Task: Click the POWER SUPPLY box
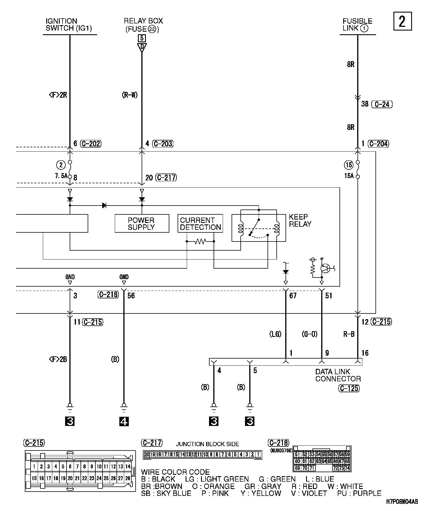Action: [142, 224]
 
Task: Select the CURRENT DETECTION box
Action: [200, 224]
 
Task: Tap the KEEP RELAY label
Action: [300, 220]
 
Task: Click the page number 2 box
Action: [402, 21]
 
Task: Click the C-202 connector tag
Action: [91, 144]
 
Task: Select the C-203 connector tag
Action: [163, 144]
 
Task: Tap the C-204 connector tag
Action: [379, 144]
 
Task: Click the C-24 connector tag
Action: [382, 104]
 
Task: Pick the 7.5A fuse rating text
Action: [61, 176]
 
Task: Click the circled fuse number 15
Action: [349, 165]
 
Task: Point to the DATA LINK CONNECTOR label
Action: [338, 375]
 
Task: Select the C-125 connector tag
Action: [349, 388]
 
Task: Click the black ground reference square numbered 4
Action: [124, 421]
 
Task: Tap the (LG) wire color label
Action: [275, 334]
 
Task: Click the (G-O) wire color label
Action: [310, 334]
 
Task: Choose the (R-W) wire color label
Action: [130, 95]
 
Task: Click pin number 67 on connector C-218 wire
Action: [293, 295]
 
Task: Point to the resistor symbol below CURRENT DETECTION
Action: [200, 242]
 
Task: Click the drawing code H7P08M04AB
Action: [402, 502]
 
